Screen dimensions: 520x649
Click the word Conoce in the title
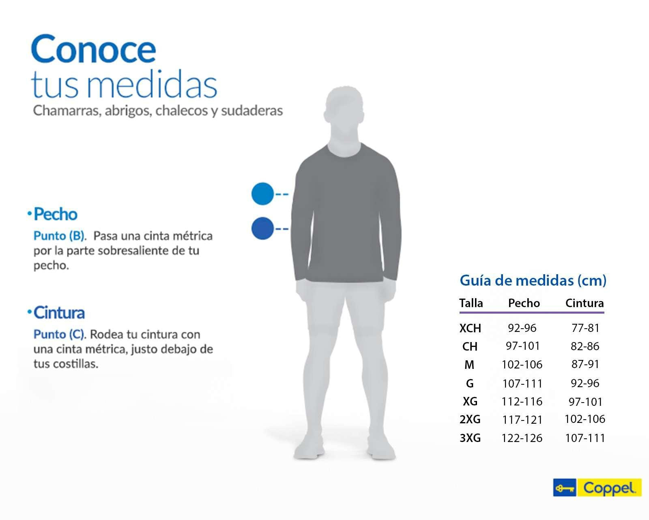[x=93, y=50]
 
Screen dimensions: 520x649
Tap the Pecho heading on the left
[x=55, y=214]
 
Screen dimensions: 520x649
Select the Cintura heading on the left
[x=59, y=313]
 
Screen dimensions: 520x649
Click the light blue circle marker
[x=263, y=194]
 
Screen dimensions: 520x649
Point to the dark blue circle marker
[x=263, y=228]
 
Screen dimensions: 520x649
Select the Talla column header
[x=471, y=303]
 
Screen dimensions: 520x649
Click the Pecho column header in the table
[x=524, y=303]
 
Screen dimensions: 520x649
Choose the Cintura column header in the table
[x=585, y=303]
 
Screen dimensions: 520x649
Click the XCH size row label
[x=470, y=328]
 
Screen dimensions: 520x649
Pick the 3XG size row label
[x=470, y=438]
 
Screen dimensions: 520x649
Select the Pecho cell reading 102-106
[x=522, y=364]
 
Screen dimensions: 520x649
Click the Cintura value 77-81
[x=585, y=328]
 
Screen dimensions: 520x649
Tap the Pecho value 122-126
[x=522, y=438]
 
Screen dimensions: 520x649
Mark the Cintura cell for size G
[x=585, y=383]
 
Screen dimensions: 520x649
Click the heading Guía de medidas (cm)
[x=533, y=280]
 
